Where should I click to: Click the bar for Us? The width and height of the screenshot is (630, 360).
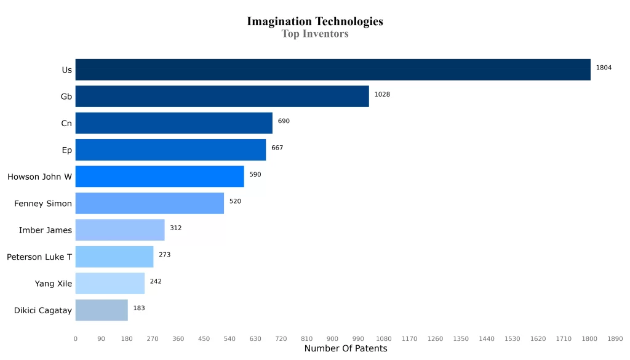pos(332,70)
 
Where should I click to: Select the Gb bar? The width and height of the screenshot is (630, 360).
pos(222,97)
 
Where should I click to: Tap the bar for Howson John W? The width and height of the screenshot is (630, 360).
pos(159,177)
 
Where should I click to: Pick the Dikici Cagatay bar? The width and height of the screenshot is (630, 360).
pos(102,310)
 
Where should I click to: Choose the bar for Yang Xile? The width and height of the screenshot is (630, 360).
pos(110,284)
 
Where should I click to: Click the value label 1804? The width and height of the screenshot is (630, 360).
pos(604,68)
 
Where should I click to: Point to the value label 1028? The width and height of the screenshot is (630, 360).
pos(382,94)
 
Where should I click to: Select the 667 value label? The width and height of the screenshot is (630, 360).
pos(277,148)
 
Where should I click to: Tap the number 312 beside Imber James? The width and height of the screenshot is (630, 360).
pos(175,228)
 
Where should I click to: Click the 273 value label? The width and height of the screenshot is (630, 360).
pos(164,254)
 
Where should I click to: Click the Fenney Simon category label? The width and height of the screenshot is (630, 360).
pos(43,204)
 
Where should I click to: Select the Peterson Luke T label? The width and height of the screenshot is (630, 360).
pos(39,257)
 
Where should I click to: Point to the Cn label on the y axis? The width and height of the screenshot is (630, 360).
pos(66,124)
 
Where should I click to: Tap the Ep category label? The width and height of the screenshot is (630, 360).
pos(66,150)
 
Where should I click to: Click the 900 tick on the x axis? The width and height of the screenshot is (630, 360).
pos(332,338)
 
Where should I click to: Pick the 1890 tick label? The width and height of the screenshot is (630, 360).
pos(615,338)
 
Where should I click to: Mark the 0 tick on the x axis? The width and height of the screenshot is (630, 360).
pos(76,338)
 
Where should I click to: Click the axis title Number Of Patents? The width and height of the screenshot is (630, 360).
pos(346,349)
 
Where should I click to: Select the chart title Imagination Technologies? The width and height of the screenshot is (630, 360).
pos(315,22)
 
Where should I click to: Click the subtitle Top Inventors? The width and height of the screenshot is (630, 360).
pos(315,34)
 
